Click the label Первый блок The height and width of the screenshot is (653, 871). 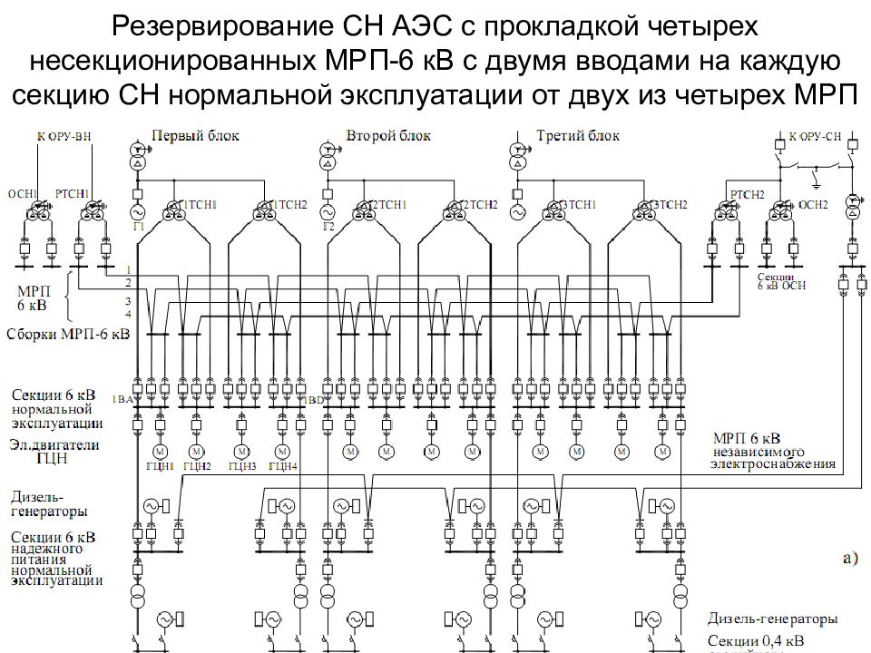pyautogui.click(x=195, y=136)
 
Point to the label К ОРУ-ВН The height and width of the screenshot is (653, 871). pyautogui.click(x=64, y=137)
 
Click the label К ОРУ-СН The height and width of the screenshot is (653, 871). pyautogui.click(x=816, y=136)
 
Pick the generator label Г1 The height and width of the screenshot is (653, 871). pyautogui.click(x=139, y=226)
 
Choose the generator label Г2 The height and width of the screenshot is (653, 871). pyautogui.click(x=328, y=226)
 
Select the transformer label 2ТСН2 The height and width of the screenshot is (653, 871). pyautogui.click(x=481, y=205)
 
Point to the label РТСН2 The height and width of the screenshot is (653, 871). pyautogui.click(x=747, y=194)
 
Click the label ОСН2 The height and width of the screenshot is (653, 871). pyautogui.click(x=814, y=205)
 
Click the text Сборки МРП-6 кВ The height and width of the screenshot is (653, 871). pyautogui.click(x=68, y=334)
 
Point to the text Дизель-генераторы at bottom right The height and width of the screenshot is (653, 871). pyautogui.click(x=773, y=619)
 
